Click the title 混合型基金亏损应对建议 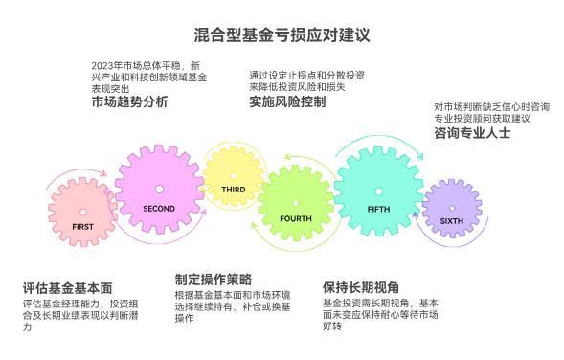(x=282, y=34)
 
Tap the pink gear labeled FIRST (x=83, y=213)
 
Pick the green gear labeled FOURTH (x=295, y=204)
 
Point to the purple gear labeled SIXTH (x=450, y=209)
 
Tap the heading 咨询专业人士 (x=472, y=133)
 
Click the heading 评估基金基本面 (x=68, y=287)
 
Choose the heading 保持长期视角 (x=361, y=287)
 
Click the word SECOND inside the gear (x=159, y=208)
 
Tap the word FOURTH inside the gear (x=295, y=218)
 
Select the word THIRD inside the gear (x=235, y=190)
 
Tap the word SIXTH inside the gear (x=451, y=220)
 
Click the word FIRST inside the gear (x=83, y=227)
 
